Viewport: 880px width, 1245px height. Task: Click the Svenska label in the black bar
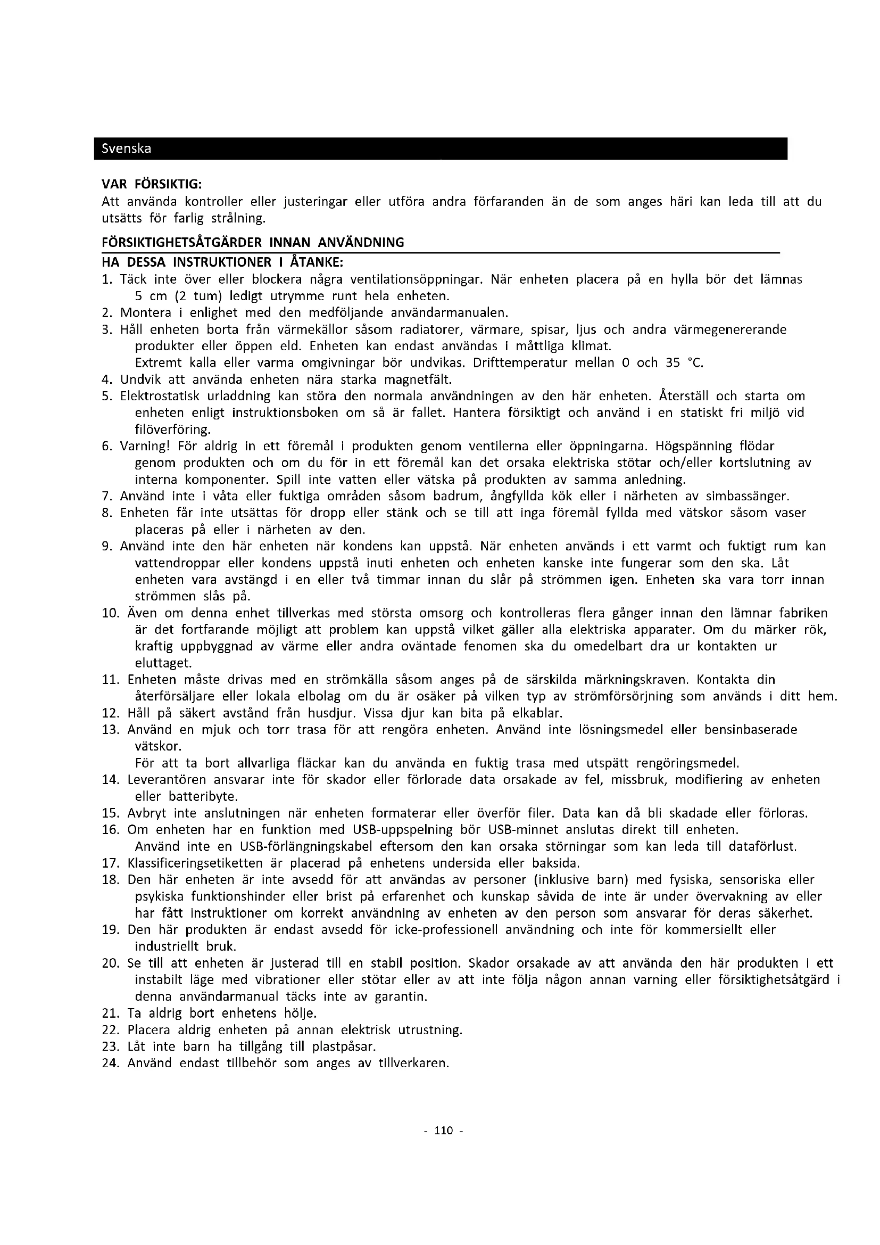tap(126, 149)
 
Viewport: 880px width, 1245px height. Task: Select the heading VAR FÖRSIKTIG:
tap(152, 184)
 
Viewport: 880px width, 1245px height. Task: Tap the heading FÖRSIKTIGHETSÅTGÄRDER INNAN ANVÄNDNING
tap(253, 242)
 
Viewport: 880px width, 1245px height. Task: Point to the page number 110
tap(443, 1131)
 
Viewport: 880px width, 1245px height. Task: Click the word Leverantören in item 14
tap(167, 780)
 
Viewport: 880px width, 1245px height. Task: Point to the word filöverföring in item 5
tap(172, 430)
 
